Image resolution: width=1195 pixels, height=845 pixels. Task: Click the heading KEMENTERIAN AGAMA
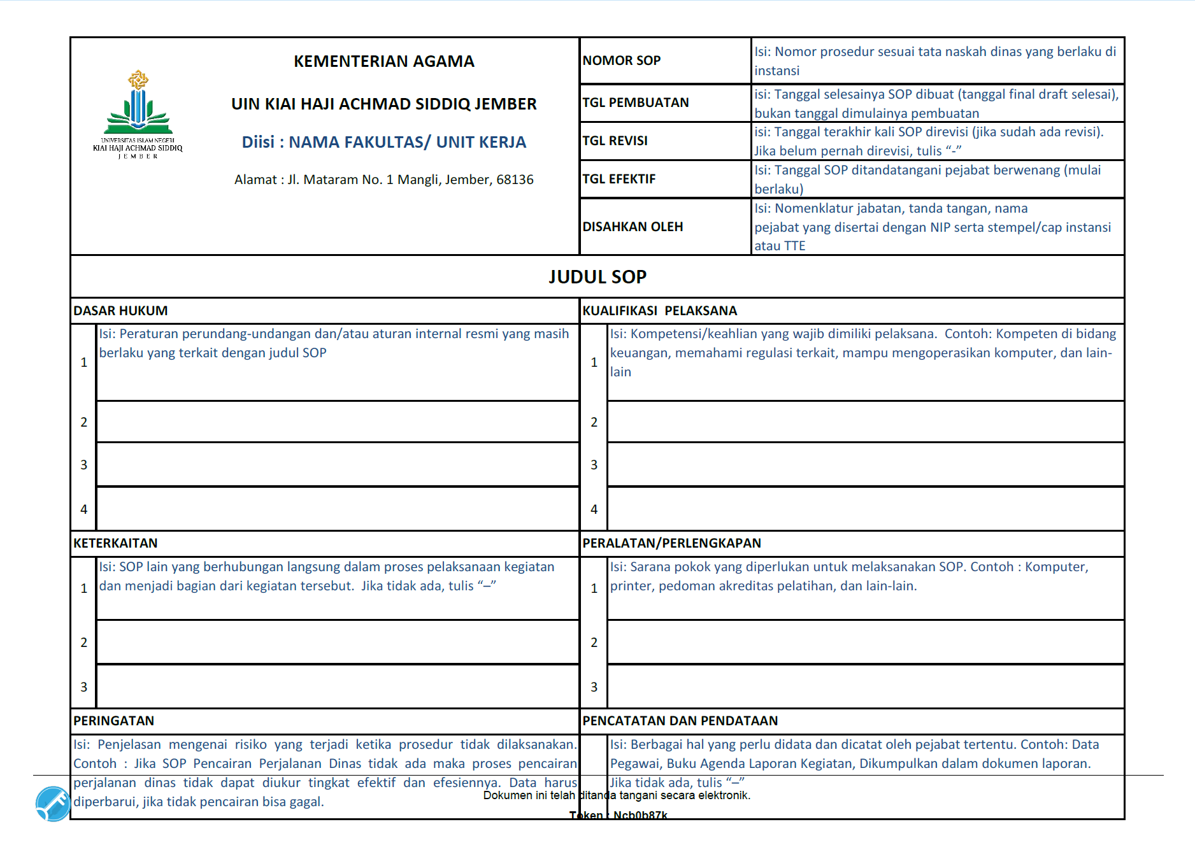click(x=383, y=61)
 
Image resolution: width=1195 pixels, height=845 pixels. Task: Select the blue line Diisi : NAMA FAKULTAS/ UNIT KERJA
click(x=383, y=142)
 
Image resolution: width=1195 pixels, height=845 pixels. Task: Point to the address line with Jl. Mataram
click(x=383, y=180)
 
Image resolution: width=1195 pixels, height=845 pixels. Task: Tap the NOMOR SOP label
click(x=621, y=60)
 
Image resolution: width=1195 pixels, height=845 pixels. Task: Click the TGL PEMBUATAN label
click(x=635, y=103)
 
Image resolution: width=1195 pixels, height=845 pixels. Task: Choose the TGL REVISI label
click(x=615, y=141)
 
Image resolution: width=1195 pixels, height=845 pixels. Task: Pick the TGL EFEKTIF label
click(x=619, y=179)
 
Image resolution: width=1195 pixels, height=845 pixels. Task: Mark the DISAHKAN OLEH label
click(x=632, y=227)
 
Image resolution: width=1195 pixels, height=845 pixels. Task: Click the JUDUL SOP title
click(x=597, y=276)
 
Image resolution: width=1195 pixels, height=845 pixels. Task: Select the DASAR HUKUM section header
click(x=120, y=311)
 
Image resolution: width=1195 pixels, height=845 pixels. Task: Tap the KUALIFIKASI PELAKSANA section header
click(x=659, y=311)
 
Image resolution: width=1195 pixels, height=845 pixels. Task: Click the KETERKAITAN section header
click(x=115, y=543)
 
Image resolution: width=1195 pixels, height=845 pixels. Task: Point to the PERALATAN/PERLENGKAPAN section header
click(x=671, y=543)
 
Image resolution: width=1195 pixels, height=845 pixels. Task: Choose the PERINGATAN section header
click(x=113, y=721)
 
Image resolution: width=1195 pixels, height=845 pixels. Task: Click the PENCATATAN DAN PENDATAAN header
click(x=680, y=721)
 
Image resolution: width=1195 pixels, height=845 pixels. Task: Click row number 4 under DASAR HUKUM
click(x=83, y=509)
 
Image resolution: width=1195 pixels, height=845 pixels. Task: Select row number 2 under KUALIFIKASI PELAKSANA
click(x=594, y=422)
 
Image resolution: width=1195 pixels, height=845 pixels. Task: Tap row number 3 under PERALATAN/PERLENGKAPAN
click(x=594, y=687)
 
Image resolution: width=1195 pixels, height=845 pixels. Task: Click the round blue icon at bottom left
click(x=53, y=804)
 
